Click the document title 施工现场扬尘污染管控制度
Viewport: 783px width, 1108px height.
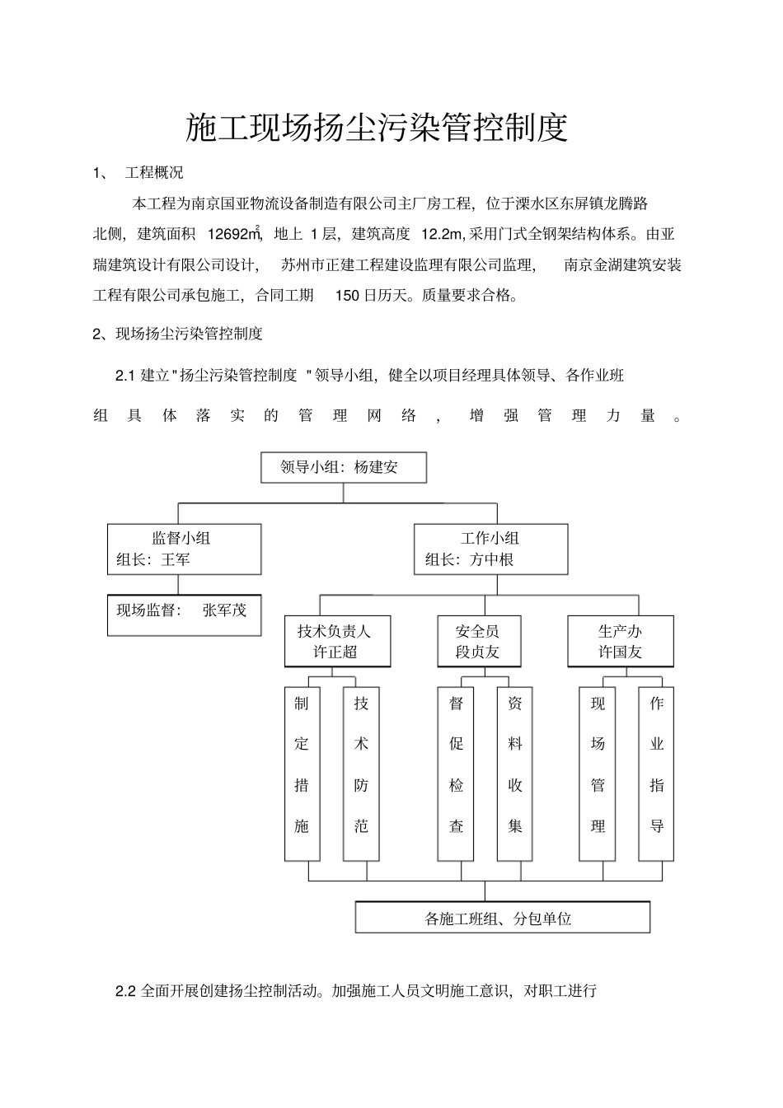click(377, 128)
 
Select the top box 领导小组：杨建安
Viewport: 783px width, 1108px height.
click(343, 467)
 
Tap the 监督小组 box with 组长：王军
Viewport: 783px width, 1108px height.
click(184, 549)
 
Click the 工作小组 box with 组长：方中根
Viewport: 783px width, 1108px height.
click(490, 549)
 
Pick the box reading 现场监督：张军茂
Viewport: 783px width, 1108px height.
click(184, 611)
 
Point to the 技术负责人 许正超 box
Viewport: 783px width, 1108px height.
click(337, 642)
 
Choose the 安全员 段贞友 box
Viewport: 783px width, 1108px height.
click(478, 642)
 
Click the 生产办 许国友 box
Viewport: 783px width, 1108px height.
click(620, 642)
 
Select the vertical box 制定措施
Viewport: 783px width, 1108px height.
click(302, 773)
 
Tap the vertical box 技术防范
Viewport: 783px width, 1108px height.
click(361, 773)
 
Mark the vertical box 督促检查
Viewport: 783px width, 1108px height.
click(456, 773)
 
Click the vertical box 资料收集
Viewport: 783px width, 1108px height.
click(515, 773)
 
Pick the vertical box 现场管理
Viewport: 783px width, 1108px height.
click(598, 773)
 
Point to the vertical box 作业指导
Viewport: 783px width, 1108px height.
click(657, 773)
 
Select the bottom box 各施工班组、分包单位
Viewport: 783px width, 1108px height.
click(502, 918)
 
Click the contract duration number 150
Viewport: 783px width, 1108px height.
click(348, 295)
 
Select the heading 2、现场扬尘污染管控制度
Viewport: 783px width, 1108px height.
click(178, 334)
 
